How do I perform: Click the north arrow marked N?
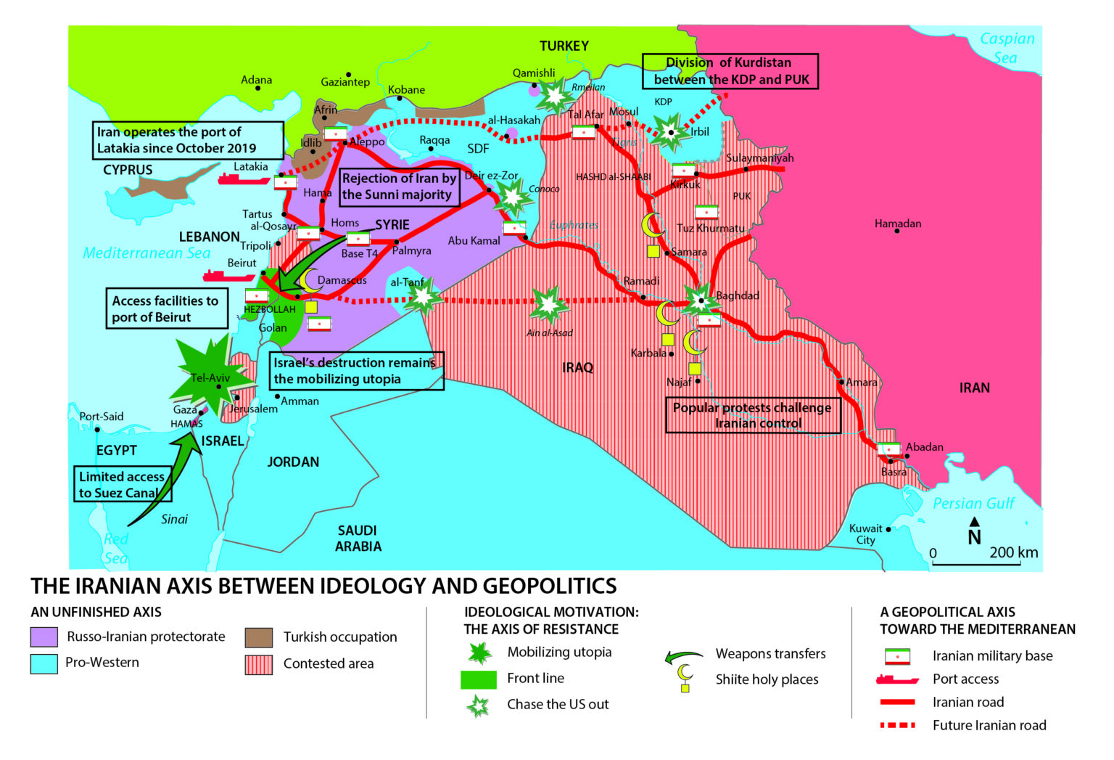coord(975,533)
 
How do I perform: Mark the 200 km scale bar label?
coord(1013,552)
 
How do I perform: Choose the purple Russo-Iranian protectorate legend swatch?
coord(44,637)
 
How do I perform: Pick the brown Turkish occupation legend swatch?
coord(259,637)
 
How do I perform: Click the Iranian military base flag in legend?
coord(897,656)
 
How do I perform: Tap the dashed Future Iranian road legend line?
coord(897,725)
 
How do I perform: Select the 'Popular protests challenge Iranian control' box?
coord(753,415)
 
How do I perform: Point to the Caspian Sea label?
coord(1007,48)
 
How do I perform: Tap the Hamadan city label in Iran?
coord(897,224)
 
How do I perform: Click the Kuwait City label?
coord(865,534)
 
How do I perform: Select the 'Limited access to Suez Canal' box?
coord(123,485)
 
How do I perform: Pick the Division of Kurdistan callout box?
coord(730,71)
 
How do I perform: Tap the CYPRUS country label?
coord(128,170)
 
